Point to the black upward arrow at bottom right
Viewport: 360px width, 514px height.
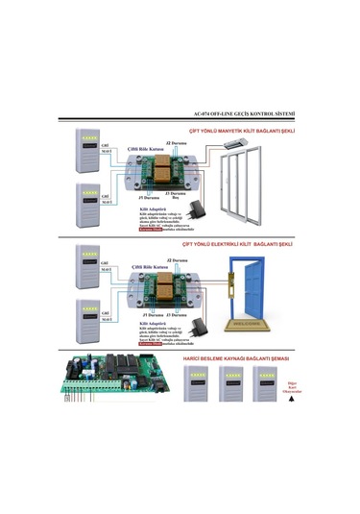click(290, 404)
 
